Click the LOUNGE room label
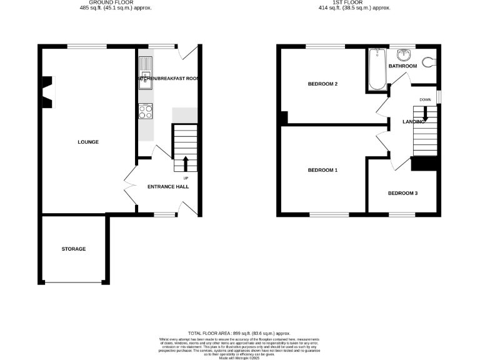88,142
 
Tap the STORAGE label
74,249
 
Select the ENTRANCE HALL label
167,187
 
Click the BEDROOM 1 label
323,170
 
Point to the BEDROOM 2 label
323,84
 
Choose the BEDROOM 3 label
402,193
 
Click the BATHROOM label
402,66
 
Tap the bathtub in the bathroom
377,69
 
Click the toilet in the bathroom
429,61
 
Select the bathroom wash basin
404,52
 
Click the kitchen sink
146,72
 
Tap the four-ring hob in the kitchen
145,111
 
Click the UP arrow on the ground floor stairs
186,163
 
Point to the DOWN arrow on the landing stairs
425,113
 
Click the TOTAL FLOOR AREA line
239,334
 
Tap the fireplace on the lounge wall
47,92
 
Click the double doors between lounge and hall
130,186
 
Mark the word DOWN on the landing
425,100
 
